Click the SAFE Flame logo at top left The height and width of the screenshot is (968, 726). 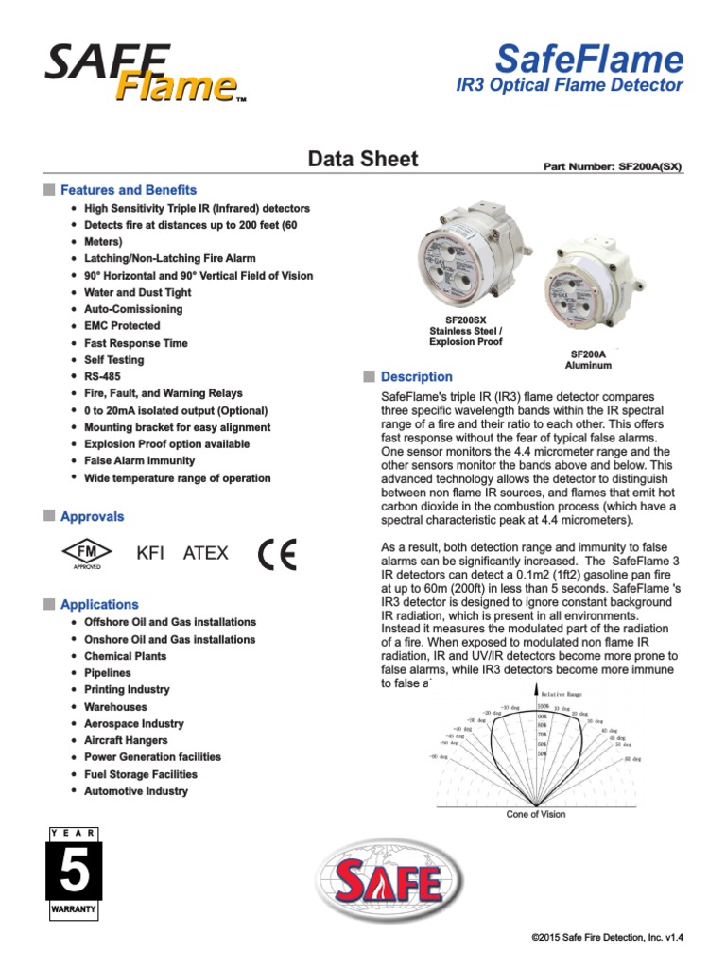tap(142, 75)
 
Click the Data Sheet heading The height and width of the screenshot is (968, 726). tap(363, 159)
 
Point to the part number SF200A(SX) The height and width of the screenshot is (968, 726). tap(612, 166)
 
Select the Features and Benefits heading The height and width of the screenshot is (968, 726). tap(129, 189)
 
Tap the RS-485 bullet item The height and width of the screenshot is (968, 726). tap(102, 376)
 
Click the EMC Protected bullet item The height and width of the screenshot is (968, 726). tap(122, 326)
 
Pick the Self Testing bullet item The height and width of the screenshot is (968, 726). tap(114, 360)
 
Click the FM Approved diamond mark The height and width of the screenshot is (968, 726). tap(87, 553)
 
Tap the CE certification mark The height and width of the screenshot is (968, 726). tap(277, 553)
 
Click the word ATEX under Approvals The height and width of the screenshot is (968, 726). tap(205, 553)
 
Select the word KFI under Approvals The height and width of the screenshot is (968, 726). tap(150, 553)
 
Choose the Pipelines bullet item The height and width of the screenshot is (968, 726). tap(108, 673)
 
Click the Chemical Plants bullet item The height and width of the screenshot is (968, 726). tap(125, 656)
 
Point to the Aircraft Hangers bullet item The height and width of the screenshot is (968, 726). tap(126, 740)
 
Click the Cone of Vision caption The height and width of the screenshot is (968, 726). tap(536, 814)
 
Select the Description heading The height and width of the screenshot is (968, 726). tap(416, 377)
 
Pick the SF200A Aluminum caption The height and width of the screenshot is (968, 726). tap(588, 358)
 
